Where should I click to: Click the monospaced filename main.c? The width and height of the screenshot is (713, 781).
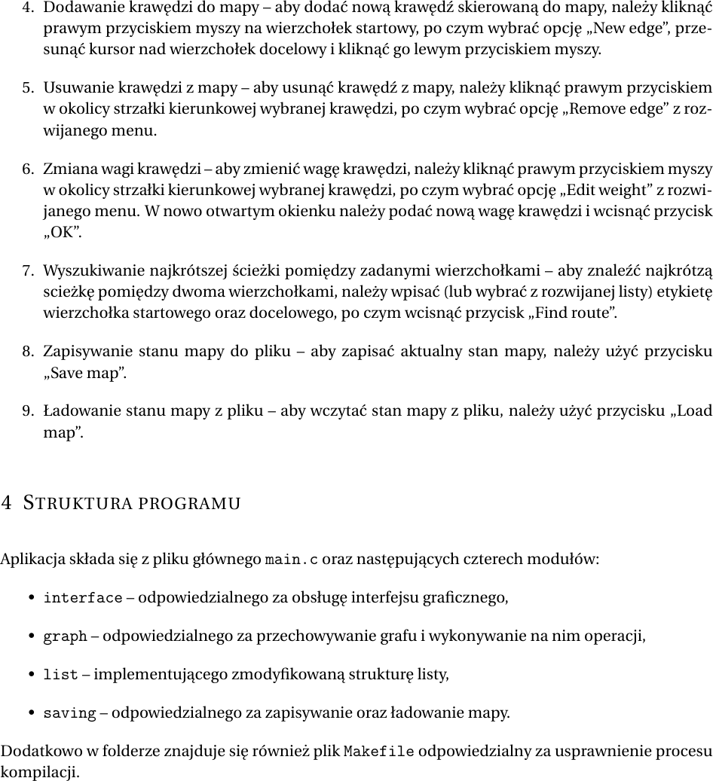coord(292,560)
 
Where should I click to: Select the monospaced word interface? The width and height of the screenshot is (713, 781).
coord(83,599)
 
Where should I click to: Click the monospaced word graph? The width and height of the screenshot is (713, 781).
coord(66,637)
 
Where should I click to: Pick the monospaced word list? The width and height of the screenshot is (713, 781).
coord(61,676)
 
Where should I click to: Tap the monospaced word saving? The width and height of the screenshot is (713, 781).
coord(70,713)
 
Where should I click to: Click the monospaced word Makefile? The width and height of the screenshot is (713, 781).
coord(379,752)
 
